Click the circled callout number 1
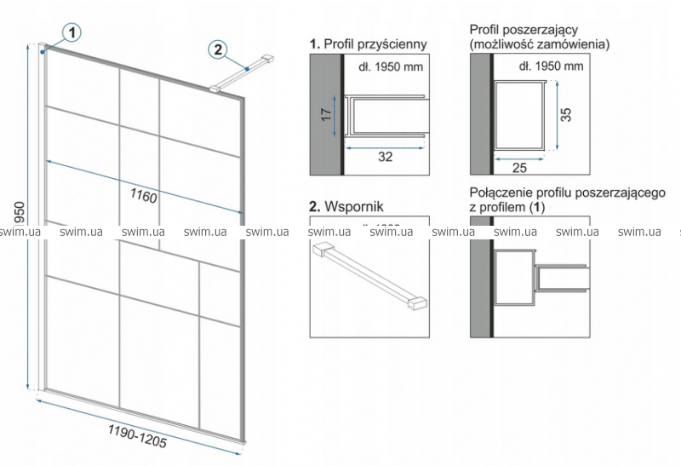coord(72,32)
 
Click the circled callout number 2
coord(219,49)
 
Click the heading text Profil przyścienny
coord(375,43)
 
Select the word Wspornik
coord(355,206)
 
